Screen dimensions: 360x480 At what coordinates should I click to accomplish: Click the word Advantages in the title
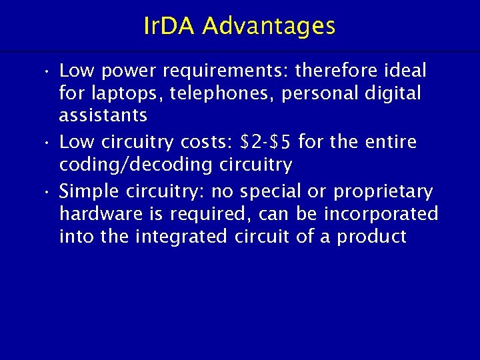269,27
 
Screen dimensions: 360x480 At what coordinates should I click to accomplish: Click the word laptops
127,93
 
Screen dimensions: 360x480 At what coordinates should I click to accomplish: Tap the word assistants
103,115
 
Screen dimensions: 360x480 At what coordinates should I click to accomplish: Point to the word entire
393,142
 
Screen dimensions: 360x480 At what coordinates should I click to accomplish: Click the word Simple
88,192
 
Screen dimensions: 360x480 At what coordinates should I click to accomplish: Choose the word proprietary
383,192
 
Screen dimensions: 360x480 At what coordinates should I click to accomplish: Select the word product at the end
373,237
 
